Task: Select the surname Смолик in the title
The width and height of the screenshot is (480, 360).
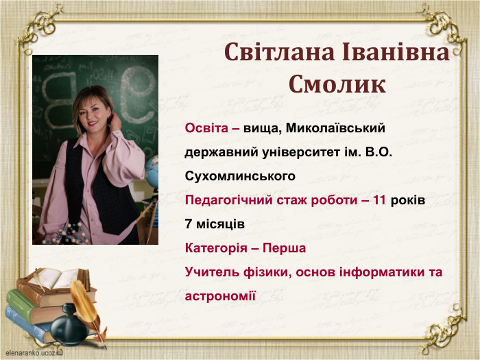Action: tap(337, 84)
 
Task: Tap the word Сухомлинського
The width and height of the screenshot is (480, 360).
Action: tap(240, 176)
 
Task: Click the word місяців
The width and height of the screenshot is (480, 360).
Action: tap(219, 224)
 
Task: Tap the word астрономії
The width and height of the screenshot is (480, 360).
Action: tap(220, 296)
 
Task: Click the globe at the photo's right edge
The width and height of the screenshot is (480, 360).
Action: tap(152, 170)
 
